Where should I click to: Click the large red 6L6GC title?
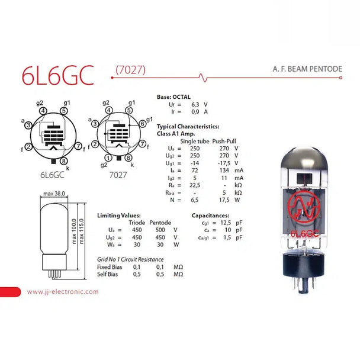click(x=58, y=75)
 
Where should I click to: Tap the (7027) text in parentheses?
click(x=130, y=70)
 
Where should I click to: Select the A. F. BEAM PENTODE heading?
click(x=307, y=69)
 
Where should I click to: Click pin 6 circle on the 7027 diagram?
click(x=143, y=124)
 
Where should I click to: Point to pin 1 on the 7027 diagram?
click(x=108, y=157)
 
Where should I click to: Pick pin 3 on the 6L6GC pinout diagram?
click(x=28, y=125)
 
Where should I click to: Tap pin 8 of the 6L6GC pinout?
click(x=63, y=161)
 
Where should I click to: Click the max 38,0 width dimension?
click(x=54, y=194)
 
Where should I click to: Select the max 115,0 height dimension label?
click(x=82, y=231)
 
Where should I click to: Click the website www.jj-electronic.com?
click(x=63, y=291)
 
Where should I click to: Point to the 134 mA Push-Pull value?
click(x=224, y=171)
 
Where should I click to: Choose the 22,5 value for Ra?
click(x=195, y=185)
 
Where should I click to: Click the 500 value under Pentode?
click(x=160, y=230)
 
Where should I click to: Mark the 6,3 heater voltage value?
click(x=195, y=104)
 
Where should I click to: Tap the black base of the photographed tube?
click(x=303, y=264)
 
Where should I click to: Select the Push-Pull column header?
click(x=224, y=141)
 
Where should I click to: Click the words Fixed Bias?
click(x=110, y=267)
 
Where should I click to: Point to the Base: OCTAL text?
click(x=173, y=97)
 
